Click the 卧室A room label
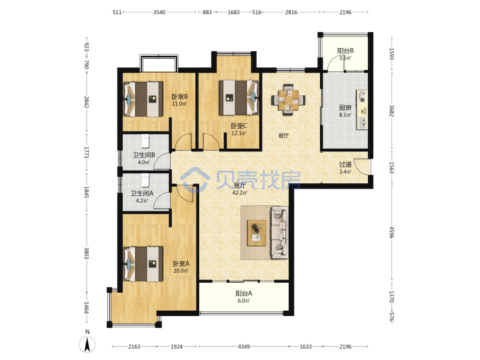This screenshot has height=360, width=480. [181, 263]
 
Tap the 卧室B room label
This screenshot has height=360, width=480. [179, 97]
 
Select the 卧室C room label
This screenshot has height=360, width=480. [239, 126]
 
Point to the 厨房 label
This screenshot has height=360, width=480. [345, 108]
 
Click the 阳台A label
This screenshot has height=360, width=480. [244, 293]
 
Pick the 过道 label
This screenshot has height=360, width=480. [345, 165]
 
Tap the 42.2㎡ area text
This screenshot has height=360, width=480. [240, 193]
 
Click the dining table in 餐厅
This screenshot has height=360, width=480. [288, 100]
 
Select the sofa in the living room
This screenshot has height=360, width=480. [279, 233]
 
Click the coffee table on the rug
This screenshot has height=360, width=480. [257, 233]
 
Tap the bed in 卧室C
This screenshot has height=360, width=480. [239, 97]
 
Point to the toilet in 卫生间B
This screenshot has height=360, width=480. [145, 141]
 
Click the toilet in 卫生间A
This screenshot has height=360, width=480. [145, 180]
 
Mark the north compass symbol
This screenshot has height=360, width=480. [87, 344]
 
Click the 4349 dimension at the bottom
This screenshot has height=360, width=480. [244, 347]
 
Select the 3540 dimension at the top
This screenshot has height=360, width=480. [159, 12]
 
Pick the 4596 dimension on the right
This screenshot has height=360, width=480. [392, 233]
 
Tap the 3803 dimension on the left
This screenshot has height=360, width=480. [87, 253]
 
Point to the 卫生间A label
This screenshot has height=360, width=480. [142, 193]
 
